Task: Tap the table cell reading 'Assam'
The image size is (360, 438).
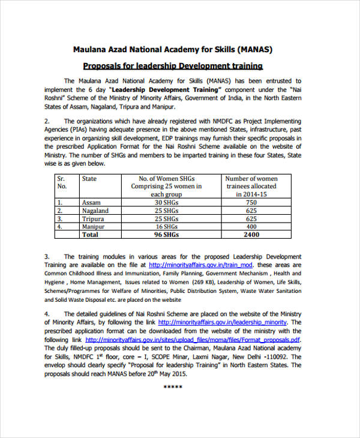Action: point(91,202)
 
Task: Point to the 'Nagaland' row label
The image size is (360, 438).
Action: point(95,211)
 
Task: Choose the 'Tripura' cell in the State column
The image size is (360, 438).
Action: point(93,219)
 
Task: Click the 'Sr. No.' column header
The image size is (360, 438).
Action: point(61,182)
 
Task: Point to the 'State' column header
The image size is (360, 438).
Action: point(89,179)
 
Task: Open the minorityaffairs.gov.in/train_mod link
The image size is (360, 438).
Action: point(201,265)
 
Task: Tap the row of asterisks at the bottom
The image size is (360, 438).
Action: point(173,386)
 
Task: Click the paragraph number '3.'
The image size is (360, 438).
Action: point(47,256)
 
